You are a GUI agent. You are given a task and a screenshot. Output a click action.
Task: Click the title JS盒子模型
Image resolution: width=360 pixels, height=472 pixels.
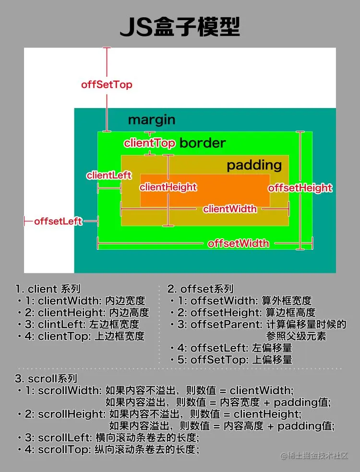pyautogui.click(x=180, y=27)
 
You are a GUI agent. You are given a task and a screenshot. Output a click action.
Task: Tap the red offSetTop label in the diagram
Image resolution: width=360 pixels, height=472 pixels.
pyautogui.click(x=107, y=85)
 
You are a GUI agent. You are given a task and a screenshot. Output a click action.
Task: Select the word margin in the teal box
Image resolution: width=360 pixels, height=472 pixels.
pyautogui.click(x=151, y=120)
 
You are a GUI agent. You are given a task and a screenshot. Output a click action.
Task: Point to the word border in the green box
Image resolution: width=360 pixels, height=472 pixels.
pyautogui.click(x=202, y=143)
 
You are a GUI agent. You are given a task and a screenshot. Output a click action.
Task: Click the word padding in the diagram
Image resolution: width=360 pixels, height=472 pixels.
pyautogui.click(x=254, y=165)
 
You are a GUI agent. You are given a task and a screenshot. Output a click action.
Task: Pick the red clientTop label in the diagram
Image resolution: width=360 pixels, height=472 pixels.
pyautogui.click(x=150, y=143)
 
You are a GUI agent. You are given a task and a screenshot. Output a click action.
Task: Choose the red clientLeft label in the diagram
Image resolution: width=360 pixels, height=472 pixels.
pyautogui.click(x=109, y=175)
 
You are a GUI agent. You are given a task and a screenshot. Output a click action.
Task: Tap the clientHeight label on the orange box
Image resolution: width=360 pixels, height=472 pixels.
pyautogui.click(x=168, y=187)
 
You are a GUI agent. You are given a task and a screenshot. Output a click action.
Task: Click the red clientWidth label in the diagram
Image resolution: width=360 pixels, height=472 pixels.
pyautogui.click(x=229, y=209)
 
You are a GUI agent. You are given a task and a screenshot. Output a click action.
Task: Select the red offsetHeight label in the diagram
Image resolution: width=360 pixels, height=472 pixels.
pyautogui.click(x=300, y=187)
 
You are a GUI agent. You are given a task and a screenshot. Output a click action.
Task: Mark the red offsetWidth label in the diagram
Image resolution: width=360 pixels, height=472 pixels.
pyautogui.click(x=238, y=243)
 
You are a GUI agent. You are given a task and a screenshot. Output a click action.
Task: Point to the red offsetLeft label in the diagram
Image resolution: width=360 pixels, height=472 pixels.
pyautogui.click(x=58, y=221)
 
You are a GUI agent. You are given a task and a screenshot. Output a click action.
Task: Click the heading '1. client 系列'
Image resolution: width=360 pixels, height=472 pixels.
pyautogui.click(x=48, y=289)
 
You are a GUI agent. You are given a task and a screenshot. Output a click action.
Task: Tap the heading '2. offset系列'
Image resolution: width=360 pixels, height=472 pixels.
pyautogui.click(x=200, y=289)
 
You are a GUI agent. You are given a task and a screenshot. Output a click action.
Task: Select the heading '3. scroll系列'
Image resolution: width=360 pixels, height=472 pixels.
pyautogui.click(x=46, y=379)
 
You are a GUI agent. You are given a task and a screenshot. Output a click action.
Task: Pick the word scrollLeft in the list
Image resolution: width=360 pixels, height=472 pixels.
pyautogui.click(x=61, y=438)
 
